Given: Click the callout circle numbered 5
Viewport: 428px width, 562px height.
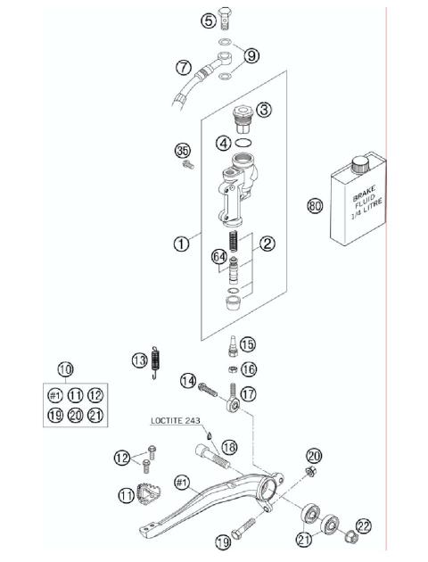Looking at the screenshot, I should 209,20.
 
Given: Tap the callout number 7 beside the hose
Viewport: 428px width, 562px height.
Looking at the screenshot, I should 183,67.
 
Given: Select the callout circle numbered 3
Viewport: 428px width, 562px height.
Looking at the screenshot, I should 265,111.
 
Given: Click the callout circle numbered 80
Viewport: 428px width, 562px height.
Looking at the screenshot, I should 314,205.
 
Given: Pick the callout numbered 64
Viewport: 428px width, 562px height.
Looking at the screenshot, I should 217,257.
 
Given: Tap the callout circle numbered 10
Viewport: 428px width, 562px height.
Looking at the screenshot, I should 65,368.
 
